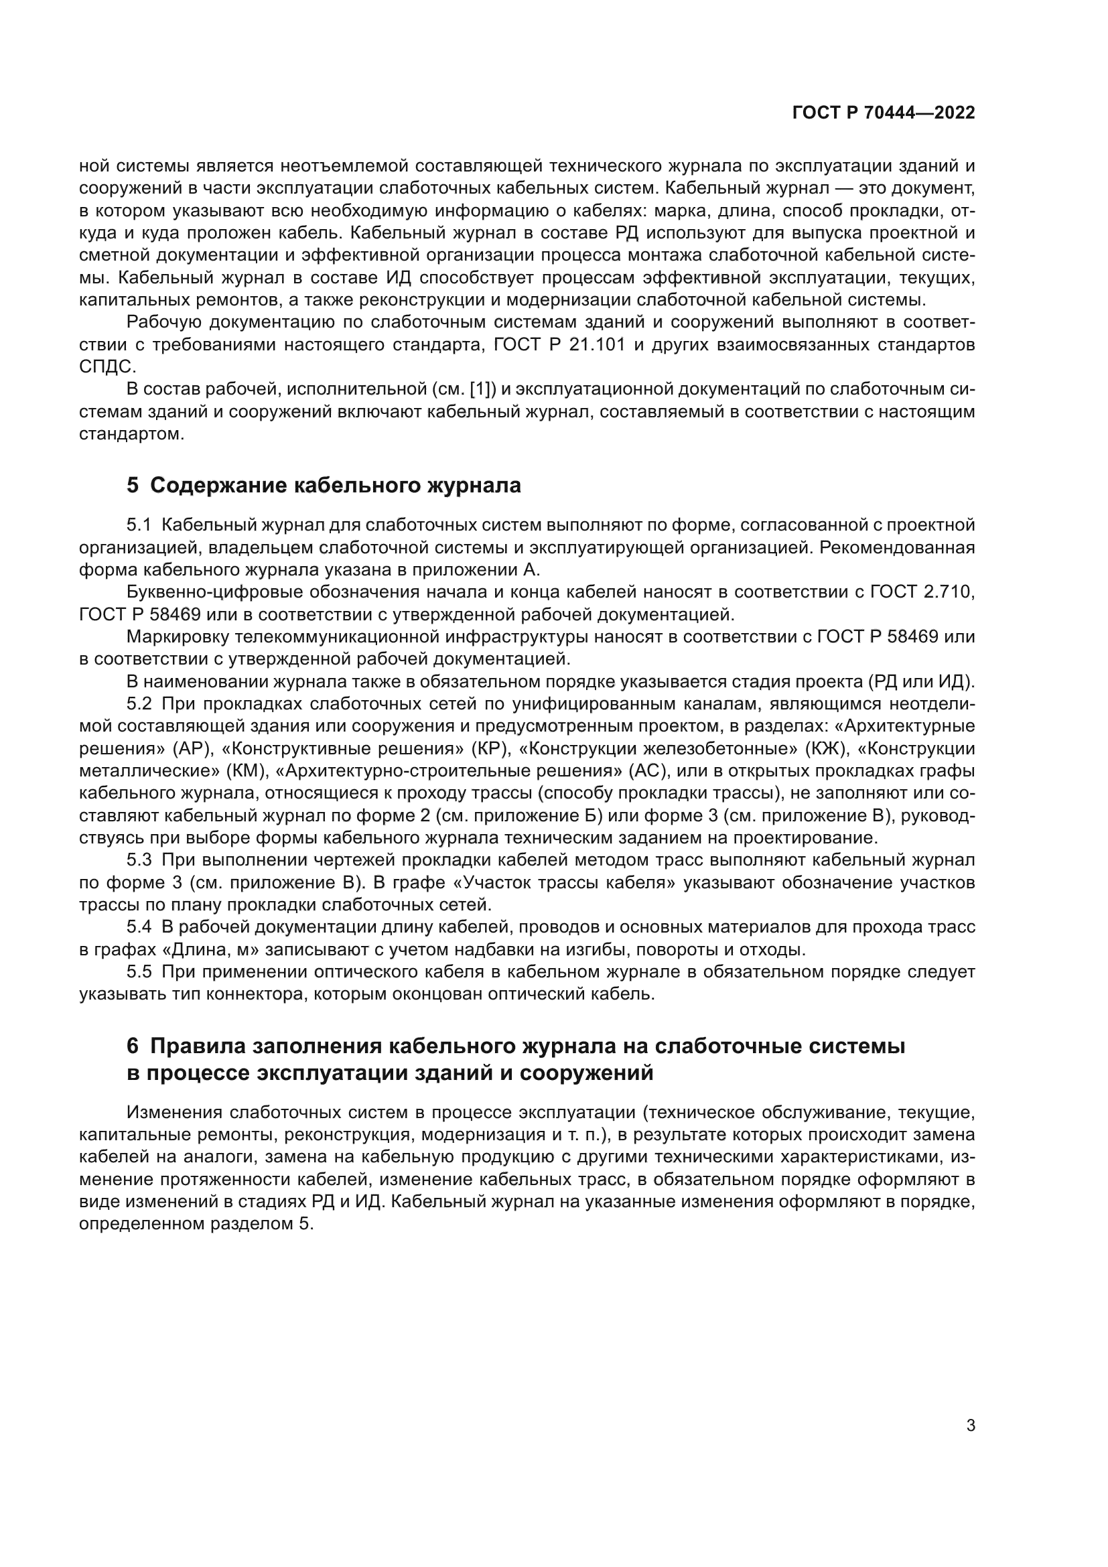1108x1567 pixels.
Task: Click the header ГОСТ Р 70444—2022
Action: (884, 113)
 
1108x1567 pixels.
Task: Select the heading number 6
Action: (133, 1046)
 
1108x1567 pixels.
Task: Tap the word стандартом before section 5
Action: (131, 434)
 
